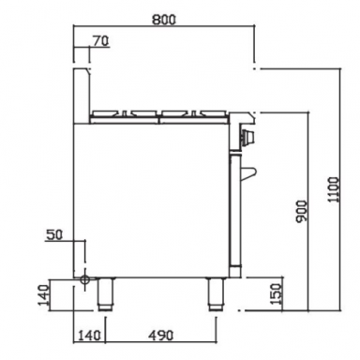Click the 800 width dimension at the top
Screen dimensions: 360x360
pos(164,17)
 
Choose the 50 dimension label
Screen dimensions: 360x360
pos(54,234)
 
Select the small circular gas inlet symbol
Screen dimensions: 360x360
pos(84,279)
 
